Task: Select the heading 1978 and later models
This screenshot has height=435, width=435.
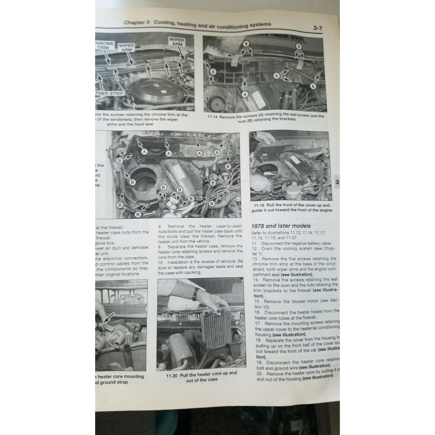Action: coord(281,226)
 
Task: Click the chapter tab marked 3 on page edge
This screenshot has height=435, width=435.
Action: coord(337,182)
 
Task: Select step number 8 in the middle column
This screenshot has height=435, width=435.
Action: coord(160,226)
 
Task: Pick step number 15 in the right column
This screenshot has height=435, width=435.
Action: coord(257,301)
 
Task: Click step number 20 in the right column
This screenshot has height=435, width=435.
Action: coord(259,374)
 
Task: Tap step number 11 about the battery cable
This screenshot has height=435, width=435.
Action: coord(254,243)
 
